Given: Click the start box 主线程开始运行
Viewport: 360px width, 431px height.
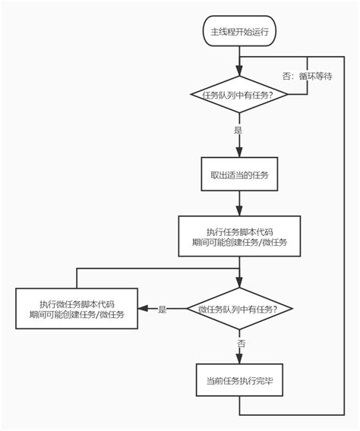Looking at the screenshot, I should (x=239, y=33).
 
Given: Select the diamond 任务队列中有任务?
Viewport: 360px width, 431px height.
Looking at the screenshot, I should (x=239, y=94).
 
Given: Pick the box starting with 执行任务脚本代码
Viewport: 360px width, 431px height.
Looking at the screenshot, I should (x=239, y=237).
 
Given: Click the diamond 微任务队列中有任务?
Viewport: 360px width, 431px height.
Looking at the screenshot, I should (x=239, y=309).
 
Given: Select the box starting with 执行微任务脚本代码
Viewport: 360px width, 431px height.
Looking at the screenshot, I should (x=77, y=308).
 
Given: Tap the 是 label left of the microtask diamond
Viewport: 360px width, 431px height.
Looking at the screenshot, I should (x=162, y=310).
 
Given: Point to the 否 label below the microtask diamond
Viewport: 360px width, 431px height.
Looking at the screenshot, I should (x=241, y=344).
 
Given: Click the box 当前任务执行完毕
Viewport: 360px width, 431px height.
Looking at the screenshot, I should (x=239, y=380).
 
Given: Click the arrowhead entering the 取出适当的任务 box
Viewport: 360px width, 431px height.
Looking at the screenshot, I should (x=239, y=153).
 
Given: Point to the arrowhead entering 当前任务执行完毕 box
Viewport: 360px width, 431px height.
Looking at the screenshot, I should (x=239, y=360).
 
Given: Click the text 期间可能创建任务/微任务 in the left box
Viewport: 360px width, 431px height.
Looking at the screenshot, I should (x=77, y=314).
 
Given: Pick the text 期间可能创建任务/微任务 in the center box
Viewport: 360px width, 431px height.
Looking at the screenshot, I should (x=239, y=243).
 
